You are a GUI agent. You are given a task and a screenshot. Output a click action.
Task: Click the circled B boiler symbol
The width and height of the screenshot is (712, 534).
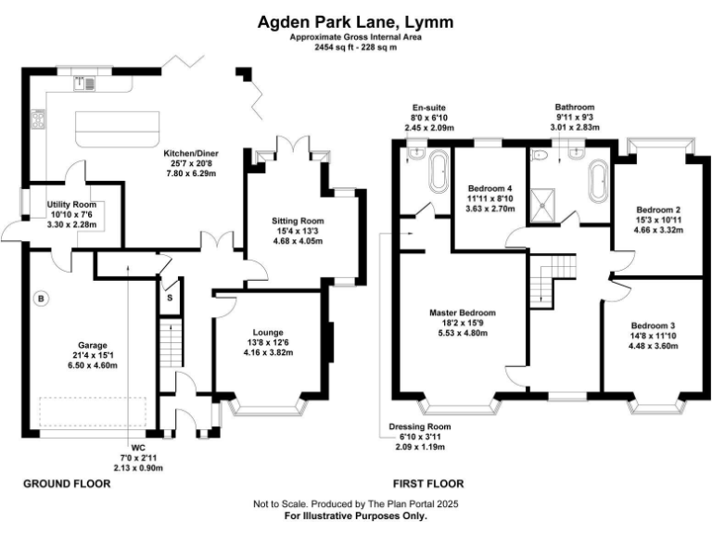click(x=41, y=299)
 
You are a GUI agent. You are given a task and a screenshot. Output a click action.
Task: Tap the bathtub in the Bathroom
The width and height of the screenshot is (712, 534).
click(x=596, y=176)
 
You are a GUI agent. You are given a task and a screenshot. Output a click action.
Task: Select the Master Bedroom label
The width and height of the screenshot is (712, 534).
click(x=462, y=313)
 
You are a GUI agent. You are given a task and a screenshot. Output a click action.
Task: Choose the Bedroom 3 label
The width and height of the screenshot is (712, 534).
click(x=653, y=325)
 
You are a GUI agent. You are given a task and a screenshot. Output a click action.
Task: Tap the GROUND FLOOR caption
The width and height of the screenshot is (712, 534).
click(x=61, y=484)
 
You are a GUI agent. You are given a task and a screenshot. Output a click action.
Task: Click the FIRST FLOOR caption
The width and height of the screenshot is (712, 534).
click(x=428, y=484)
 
